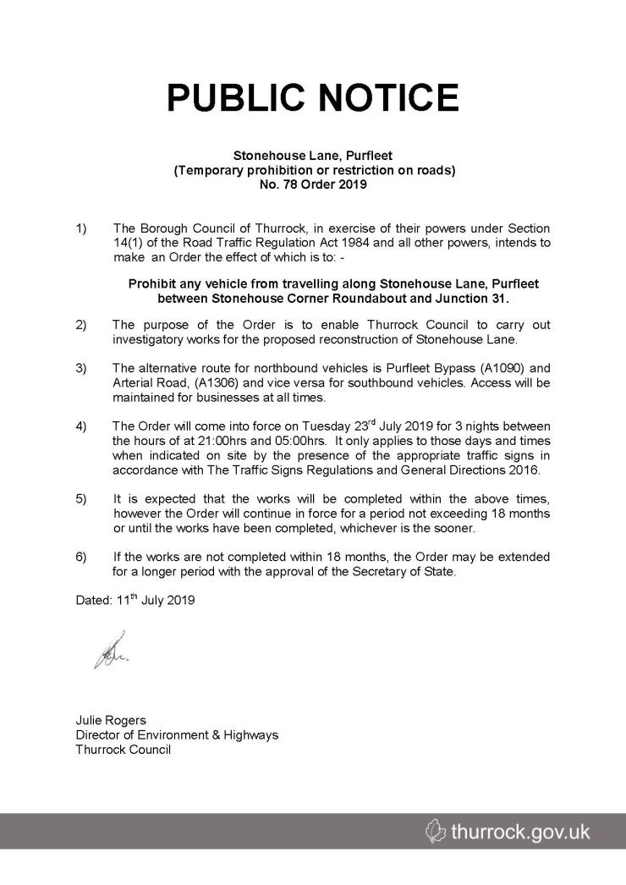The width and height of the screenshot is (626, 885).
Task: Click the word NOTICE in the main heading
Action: point(387,98)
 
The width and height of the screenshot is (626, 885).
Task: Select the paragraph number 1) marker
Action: point(82,228)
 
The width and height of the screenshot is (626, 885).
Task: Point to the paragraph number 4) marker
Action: point(82,426)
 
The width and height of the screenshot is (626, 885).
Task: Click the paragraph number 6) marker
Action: point(82,557)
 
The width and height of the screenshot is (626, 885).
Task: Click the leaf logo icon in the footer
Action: point(433,833)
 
